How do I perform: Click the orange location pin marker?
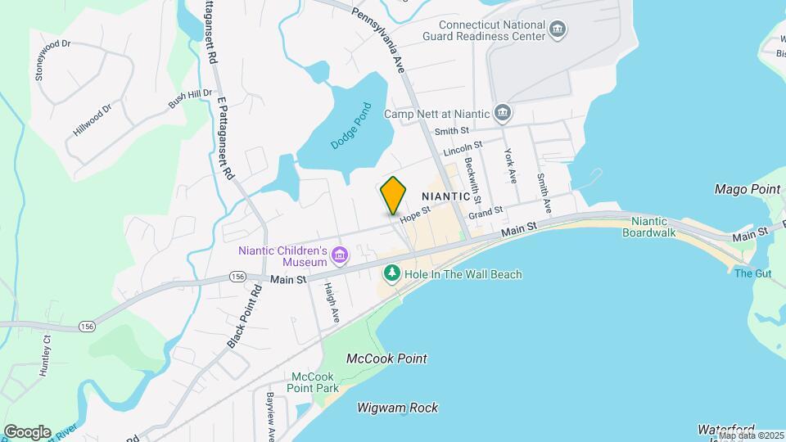[394, 195]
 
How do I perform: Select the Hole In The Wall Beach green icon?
[393, 273]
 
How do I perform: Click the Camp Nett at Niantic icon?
[504, 113]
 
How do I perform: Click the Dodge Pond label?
[351, 125]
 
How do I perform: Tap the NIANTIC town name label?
[445, 196]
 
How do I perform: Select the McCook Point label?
[386, 359]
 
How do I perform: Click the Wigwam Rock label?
[397, 408]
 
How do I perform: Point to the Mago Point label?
[746, 189]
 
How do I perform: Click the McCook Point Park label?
[315, 382]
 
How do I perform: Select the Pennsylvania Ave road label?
[379, 41]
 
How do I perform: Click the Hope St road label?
[415, 214]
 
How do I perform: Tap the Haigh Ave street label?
[331, 300]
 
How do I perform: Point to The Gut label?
[748, 273]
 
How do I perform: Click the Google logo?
[27, 431]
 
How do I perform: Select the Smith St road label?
[452, 130]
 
